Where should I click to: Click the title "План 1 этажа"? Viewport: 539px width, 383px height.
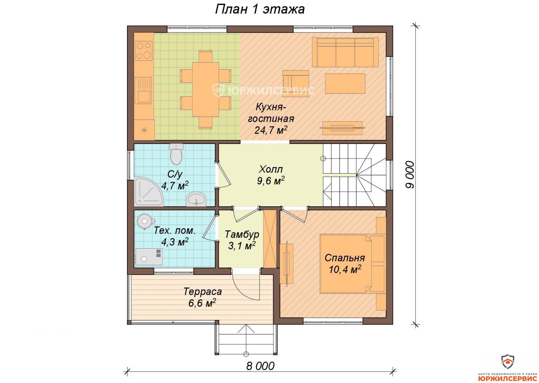coord(259,9)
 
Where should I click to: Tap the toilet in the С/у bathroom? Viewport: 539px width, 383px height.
coord(176,154)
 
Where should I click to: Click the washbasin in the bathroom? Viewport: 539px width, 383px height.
coord(196,199)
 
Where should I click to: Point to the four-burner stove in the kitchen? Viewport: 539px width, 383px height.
coord(144,50)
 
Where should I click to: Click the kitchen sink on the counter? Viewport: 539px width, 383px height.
coord(143,90)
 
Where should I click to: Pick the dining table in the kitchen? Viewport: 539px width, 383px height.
coord(206,89)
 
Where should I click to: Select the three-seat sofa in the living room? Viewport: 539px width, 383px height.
coord(345,52)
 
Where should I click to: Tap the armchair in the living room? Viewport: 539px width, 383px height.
coord(296,83)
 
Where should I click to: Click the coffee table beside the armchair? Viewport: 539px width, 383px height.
coord(345,84)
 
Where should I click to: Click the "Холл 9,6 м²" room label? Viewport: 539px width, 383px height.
coord(271,175)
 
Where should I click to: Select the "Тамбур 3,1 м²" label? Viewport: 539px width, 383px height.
coord(242,240)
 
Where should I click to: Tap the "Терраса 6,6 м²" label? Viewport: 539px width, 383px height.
coord(203,297)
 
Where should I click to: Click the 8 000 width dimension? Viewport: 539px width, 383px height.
coord(260,366)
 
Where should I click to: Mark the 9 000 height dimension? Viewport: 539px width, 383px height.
coord(410,175)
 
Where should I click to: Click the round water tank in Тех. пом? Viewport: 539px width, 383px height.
coord(145,221)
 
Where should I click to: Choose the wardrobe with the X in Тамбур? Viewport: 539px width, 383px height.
coord(270,239)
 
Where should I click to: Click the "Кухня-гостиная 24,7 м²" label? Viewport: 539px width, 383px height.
coord(271,119)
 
